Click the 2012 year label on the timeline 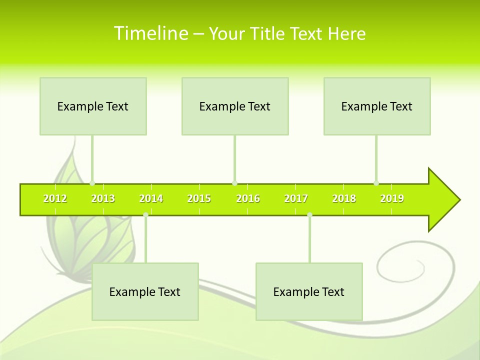(55, 199)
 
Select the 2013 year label (103, 199)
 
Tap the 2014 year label (151, 199)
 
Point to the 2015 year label (199, 199)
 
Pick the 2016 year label (248, 199)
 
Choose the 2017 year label (296, 199)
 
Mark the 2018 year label (344, 199)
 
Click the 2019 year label (392, 199)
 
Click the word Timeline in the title (151, 33)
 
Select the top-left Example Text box (93, 106)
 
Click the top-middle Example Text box (235, 106)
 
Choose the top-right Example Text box (377, 106)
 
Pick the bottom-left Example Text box (145, 291)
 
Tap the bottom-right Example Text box (309, 291)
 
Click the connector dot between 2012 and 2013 (92, 183)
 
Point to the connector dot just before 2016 (234, 183)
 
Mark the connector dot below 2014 (145, 215)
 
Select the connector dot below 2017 (309, 215)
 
